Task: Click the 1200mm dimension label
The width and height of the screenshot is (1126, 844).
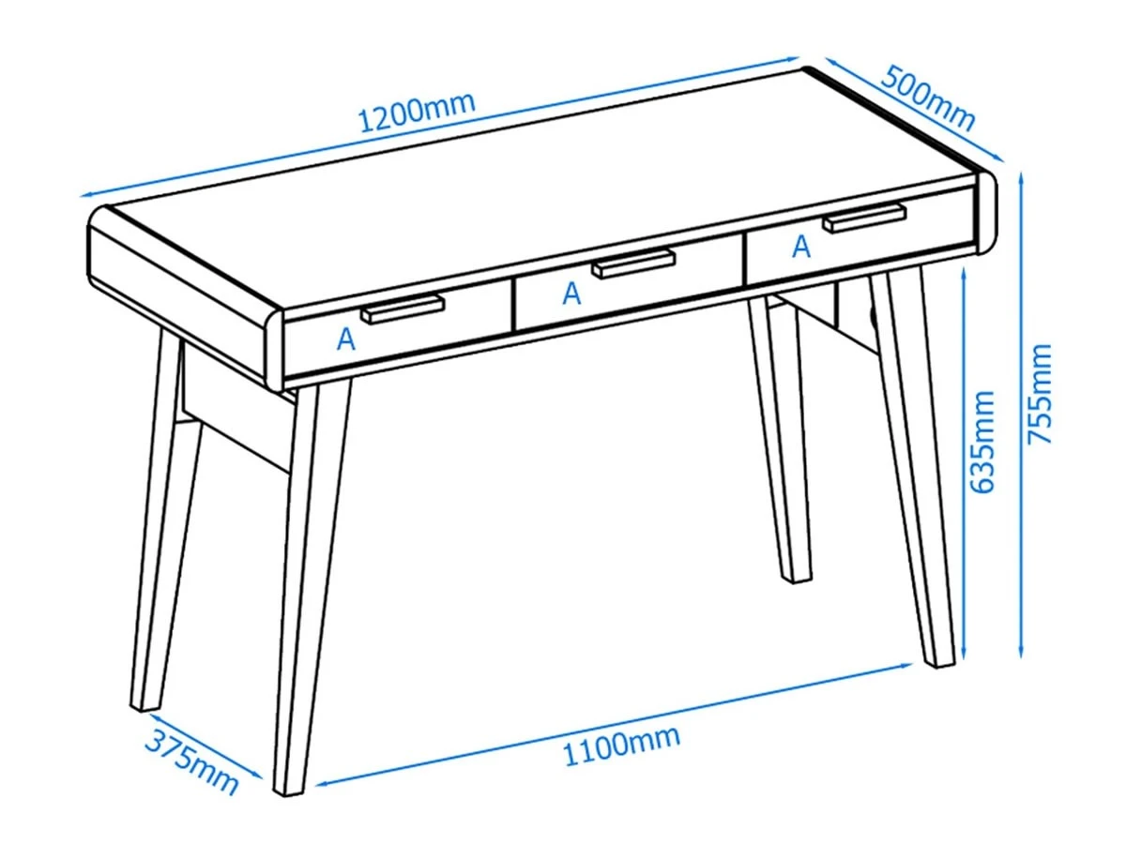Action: coord(417,113)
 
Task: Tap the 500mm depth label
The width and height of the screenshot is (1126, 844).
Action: coord(927,98)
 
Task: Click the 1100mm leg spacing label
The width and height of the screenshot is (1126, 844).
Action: coord(622,746)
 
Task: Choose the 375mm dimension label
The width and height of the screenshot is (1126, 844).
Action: coord(191,761)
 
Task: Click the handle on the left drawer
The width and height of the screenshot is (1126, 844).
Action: coord(403,309)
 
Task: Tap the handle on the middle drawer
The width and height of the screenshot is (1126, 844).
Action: coord(633,264)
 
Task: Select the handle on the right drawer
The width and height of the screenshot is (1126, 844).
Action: coord(864,218)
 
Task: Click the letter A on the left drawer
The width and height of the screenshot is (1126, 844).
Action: coord(345,339)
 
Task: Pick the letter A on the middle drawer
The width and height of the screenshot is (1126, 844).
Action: coord(571,294)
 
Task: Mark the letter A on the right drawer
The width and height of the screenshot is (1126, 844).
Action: coord(801,246)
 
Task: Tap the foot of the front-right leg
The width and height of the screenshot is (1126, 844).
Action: coord(937,663)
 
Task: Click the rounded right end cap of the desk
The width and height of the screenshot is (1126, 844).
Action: coord(986,212)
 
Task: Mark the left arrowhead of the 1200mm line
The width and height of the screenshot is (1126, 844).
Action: coord(88,195)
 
